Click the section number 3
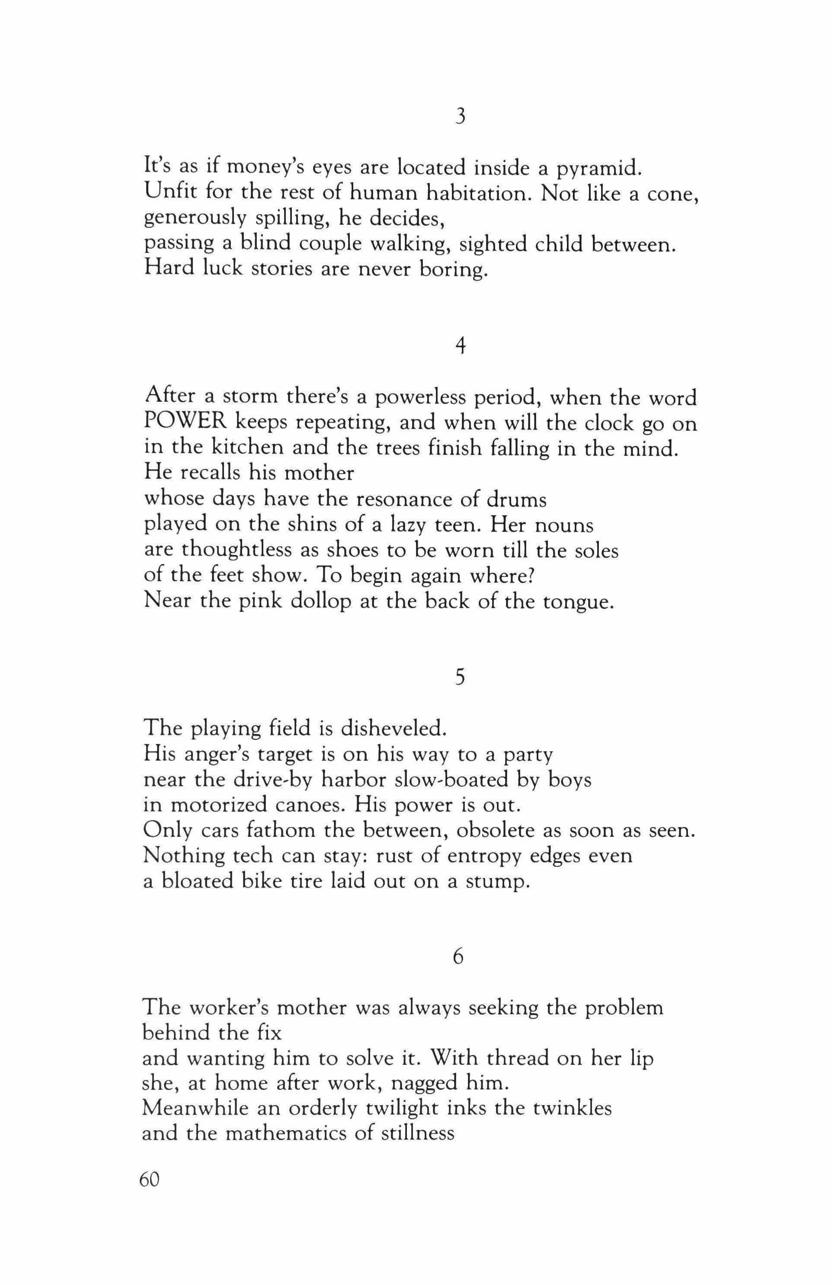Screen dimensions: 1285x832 click(460, 117)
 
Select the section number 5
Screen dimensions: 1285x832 click(460, 677)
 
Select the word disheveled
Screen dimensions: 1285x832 click(393, 729)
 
